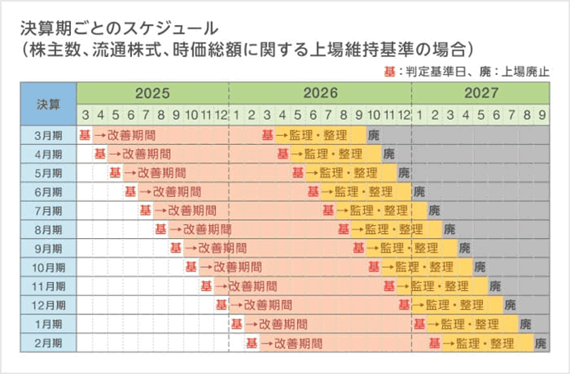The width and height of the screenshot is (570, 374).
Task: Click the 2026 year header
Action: pos(321,93)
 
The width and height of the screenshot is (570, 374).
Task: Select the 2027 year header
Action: pos(482,93)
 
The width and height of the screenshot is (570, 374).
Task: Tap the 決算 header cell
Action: pos(48,104)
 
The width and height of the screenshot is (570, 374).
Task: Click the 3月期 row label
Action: pos(48,134)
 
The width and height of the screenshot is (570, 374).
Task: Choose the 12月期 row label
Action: pos(48,306)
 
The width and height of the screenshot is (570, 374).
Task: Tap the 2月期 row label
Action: pos(48,343)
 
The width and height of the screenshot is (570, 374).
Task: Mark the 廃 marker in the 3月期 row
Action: pos(374,134)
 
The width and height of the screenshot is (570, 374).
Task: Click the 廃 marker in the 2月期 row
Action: pos(541,343)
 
